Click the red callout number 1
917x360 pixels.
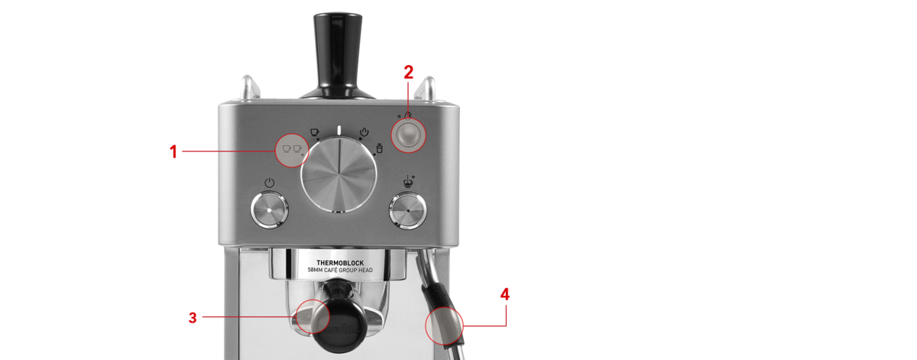[173, 151]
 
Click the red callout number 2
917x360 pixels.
[409, 73]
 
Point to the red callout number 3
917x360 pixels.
[193, 317]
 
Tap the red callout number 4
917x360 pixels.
[505, 294]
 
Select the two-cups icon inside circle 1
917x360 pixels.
[292, 148]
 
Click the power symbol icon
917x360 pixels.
[269, 183]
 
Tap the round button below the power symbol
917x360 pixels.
[269, 210]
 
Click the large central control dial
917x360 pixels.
[339, 174]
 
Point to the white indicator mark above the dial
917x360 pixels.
[339, 130]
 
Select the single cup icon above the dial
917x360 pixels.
[314, 132]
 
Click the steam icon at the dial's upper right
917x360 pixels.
[364, 132]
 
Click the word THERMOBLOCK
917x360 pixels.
[340, 263]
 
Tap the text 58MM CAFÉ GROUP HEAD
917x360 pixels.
[340, 271]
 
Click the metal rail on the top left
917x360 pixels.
[249, 87]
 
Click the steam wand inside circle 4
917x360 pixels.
[444, 326]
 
